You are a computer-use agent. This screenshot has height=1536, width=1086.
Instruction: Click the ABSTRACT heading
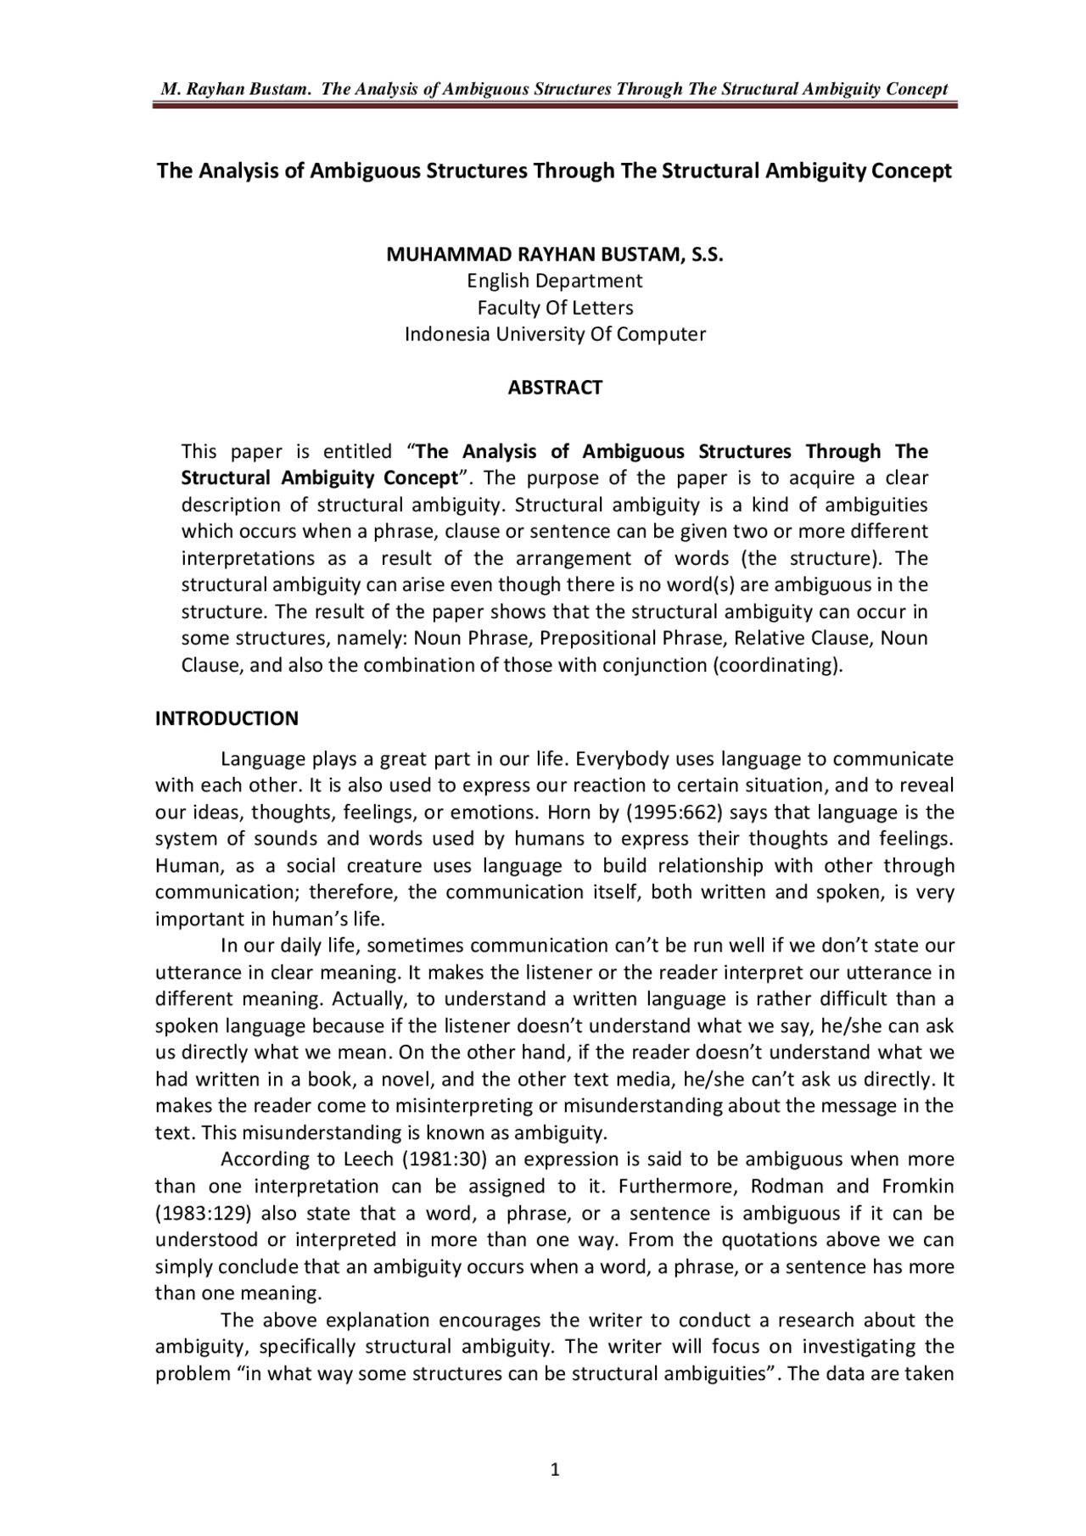pos(555,388)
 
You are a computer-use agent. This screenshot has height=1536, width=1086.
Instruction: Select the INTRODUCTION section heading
pos(227,718)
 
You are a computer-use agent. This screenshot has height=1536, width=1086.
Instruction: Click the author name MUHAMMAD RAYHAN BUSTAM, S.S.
pos(555,254)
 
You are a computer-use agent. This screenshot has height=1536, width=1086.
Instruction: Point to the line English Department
pos(555,281)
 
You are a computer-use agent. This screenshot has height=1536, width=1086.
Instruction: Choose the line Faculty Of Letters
pos(555,307)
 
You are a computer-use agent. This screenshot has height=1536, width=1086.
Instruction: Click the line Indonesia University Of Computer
pos(555,334)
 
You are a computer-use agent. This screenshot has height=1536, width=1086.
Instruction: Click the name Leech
pos(368,1159)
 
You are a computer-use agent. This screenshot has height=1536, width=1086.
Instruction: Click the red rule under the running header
pos(555,106)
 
